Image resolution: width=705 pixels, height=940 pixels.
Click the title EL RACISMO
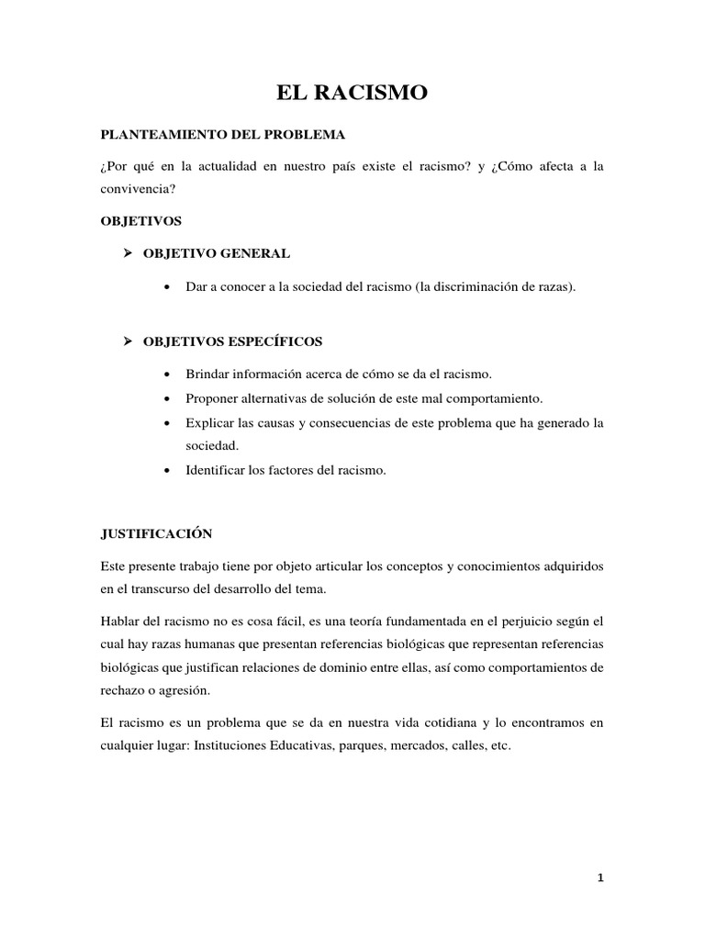point(352,92)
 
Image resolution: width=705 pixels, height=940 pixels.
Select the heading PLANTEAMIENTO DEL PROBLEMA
point(222,135)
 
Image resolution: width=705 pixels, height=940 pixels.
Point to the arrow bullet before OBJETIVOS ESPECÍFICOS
point(129,341)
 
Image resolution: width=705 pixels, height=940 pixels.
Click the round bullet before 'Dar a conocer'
point(165,287)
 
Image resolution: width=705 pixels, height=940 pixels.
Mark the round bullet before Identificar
point(165,471)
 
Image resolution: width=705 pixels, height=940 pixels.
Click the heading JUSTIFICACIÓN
point(156,533)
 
